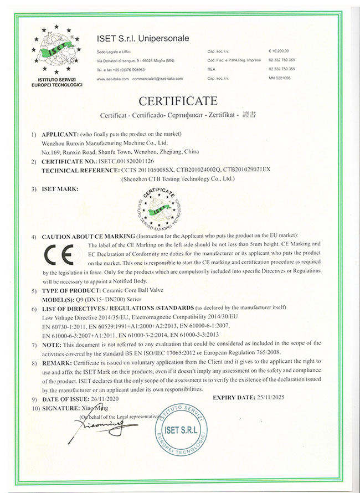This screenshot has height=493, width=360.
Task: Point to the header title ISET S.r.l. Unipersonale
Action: [x=143, y=38]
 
